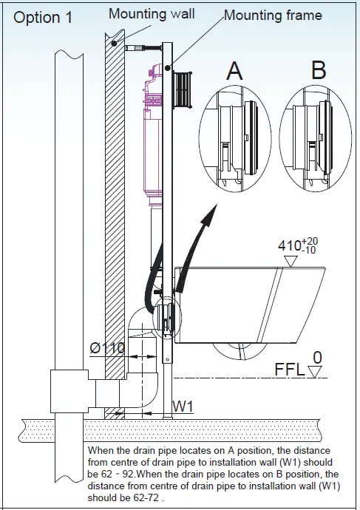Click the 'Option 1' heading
43,18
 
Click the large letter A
234,71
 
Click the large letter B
319,71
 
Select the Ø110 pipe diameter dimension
107,347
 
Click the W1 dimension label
183,406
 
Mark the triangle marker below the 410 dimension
290,259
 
